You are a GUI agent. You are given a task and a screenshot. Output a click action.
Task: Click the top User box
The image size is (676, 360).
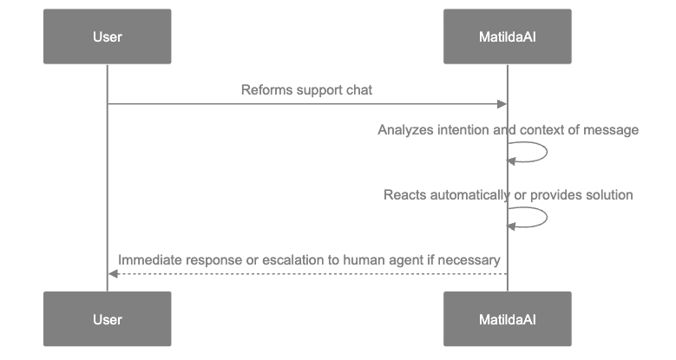pos(107,36)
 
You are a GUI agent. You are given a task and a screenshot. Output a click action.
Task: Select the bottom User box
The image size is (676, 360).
pos(107,319)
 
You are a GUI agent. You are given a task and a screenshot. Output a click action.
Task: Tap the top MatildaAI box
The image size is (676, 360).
pos(507,36)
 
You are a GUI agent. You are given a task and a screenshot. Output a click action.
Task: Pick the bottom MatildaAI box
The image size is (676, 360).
pos(507,319)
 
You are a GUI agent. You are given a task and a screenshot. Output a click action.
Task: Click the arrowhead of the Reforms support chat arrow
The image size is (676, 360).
pos(502,104)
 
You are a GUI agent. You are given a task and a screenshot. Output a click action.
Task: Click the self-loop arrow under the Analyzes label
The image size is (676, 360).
pos(545,153)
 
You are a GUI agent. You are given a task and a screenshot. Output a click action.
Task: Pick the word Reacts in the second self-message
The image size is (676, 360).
pos(404,195)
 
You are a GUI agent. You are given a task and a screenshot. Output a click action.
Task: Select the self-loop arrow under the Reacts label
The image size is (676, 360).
pos(545,218)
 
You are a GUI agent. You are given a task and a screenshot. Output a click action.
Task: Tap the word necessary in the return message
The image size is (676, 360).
pos(472,259)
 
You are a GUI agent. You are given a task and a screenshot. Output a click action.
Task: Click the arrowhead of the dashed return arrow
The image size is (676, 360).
pos(112,273)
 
